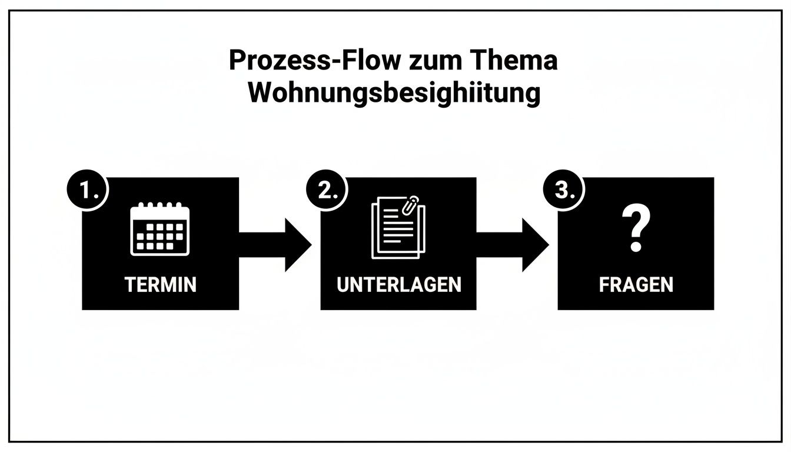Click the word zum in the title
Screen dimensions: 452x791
point(427,61)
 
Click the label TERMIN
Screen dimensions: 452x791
point(160,285)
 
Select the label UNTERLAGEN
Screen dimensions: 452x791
point(398,285)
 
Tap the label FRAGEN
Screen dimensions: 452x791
point(636,285)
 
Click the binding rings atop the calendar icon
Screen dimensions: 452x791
point(160,206)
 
